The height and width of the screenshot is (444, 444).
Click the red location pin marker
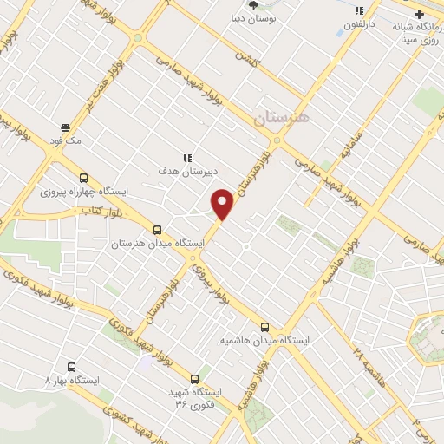(223, 203)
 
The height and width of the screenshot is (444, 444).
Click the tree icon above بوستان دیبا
(253, 5)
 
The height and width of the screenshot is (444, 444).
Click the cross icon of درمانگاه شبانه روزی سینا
(420, 14)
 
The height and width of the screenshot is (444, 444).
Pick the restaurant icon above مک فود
(64, 127)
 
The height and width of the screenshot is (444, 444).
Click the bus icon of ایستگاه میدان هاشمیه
(265, 327)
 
